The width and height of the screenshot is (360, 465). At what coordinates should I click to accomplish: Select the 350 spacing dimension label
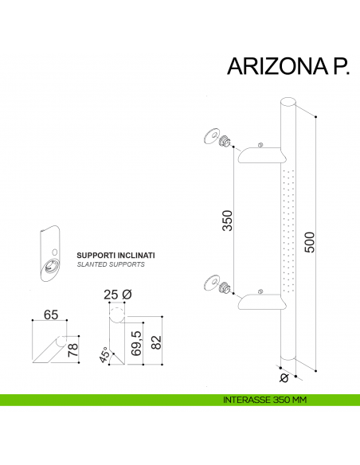[226, 220]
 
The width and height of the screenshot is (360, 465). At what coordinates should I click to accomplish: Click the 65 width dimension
[51, 316]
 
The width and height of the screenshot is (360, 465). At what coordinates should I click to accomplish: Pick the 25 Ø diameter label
[116, 295]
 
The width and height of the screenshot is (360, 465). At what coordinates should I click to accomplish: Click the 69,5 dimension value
[136, 343]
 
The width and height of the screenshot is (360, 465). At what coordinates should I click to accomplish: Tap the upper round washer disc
[211, 135]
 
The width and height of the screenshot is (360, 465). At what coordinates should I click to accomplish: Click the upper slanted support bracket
[262, 154]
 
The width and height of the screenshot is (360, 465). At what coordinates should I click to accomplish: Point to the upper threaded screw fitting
[227, 141]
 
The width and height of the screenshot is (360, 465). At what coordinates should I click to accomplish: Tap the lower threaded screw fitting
[227, 287]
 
